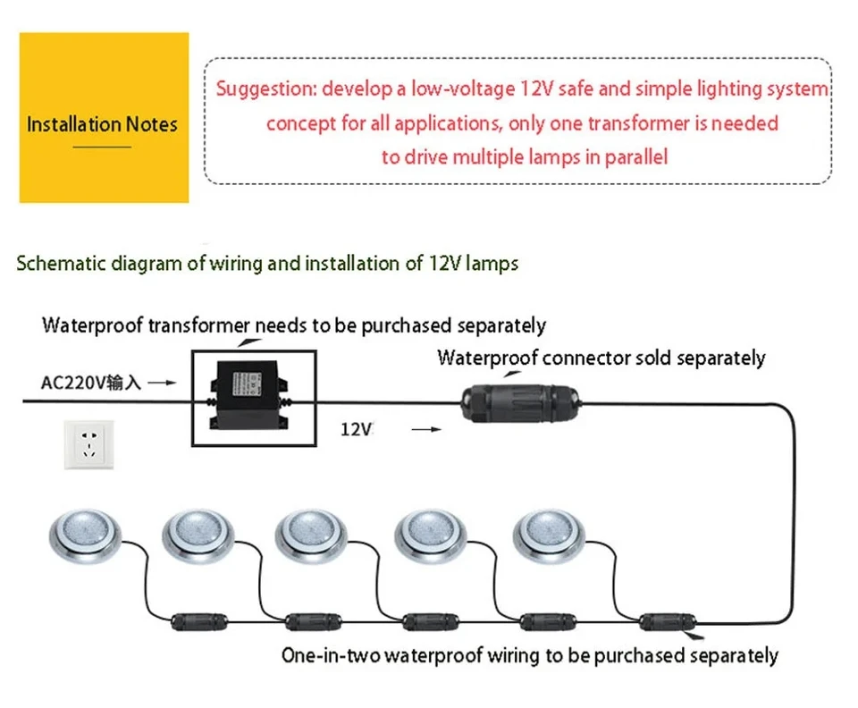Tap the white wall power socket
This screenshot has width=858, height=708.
(x=88, y=444)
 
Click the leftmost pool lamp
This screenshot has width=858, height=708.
(x=85, y=536)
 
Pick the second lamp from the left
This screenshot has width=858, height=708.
(x=198, y=536)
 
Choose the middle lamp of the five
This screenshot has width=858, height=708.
(x=311, y=536)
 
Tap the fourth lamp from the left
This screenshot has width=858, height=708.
(x=431, y=536)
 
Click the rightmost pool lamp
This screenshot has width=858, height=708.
(x=549, y=536)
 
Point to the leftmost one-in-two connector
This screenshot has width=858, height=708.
(x=199, y=622)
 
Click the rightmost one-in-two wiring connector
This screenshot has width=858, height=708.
(x=668, y=622)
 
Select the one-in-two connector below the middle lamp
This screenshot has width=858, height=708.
(x=431, y=622)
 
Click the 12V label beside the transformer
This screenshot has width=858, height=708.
(x=357, y=429)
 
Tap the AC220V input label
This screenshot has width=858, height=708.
(x=91, y=383)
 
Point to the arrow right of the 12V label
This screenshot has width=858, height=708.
(x=426, y=429)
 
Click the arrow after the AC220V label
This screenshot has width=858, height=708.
(x=163, y=383)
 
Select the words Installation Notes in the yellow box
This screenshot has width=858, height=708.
(x=102, y=124)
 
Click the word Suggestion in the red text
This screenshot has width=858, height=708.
(x=266, y=89)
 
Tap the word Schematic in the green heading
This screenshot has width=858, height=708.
(x=62, y=263)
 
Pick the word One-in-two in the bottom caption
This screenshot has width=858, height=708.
(x=331, y=655)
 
